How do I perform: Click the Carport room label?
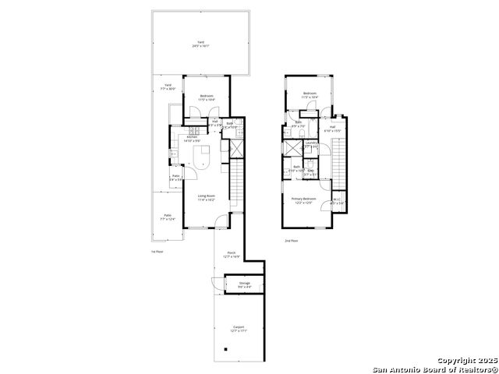click(239, 329)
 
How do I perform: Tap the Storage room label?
click(244, 284)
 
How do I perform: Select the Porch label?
click(232, 254)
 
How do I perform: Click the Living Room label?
click(206, 198)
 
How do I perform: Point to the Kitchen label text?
click(192, 139)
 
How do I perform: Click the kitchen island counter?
click(203, 156)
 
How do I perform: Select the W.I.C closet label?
click(336, 201)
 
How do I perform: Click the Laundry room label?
click(311, 144)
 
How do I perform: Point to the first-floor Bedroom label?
click(206, 98)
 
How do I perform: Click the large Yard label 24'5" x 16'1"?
click(200, 44)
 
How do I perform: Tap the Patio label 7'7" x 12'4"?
click(167, 217)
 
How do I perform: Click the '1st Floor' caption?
click(157, 252)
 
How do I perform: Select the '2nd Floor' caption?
click(292, 241)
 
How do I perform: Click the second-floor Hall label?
click(333, 129)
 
